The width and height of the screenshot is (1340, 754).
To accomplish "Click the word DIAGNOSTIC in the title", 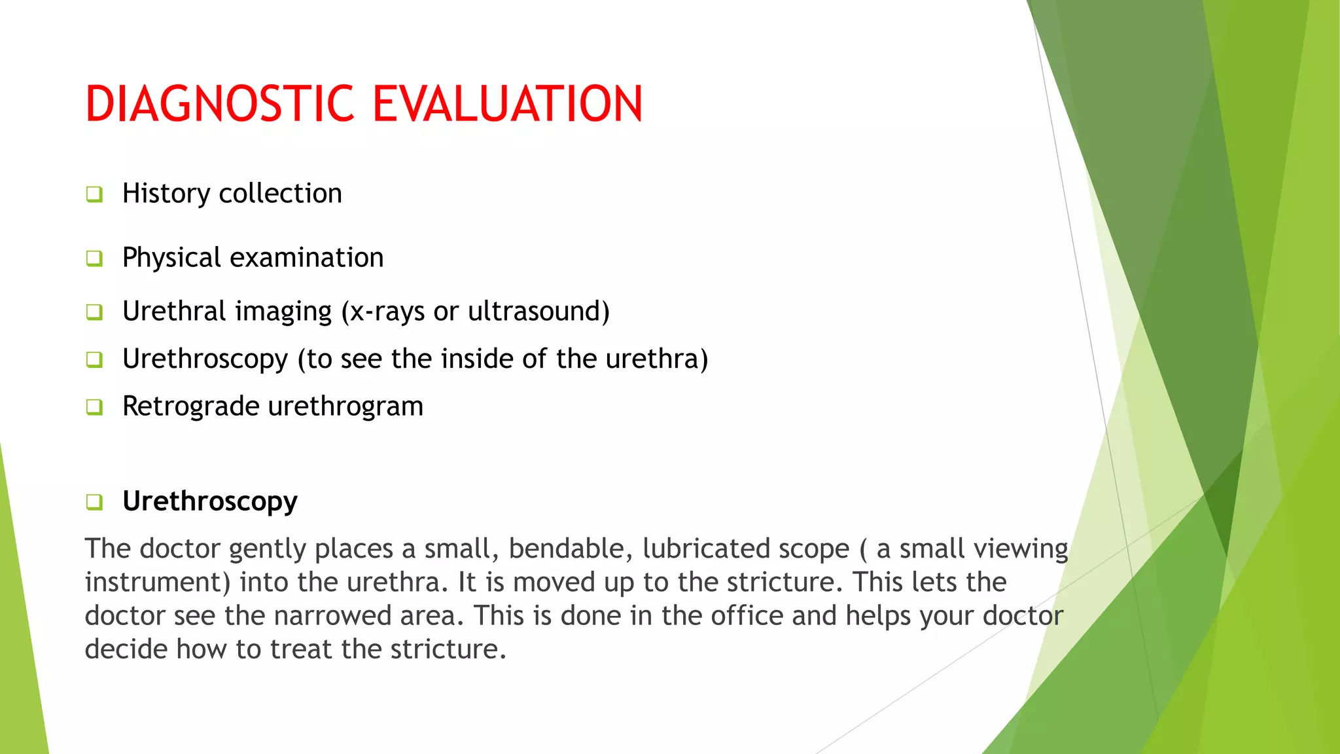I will pos(220,104).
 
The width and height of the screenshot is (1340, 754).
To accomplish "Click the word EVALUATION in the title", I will pos(508,104).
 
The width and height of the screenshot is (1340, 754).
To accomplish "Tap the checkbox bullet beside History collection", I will pos(94,194).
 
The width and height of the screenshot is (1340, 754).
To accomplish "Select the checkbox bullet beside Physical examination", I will pos(94,259).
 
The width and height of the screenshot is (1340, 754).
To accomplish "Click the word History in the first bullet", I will pos(166,194).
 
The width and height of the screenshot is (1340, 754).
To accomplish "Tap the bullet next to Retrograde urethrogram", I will pos(94,407).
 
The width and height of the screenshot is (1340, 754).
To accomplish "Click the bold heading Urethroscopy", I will pos(209,502).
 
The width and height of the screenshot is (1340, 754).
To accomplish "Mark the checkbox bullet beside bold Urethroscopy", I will pos(94,503).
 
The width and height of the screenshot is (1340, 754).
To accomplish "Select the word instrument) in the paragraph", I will pos(157,583).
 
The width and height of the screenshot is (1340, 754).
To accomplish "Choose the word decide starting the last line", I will pos(126,649).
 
